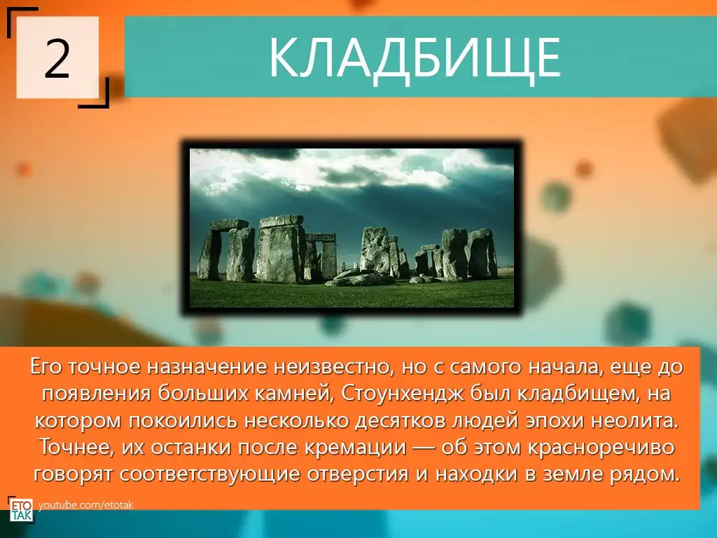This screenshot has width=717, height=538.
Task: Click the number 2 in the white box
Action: (57, 58)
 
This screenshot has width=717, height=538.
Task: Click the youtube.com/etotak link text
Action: (86, 505)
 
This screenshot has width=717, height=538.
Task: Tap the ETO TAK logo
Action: (21, 509)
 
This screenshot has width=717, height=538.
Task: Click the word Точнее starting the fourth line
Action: (76, 447)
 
